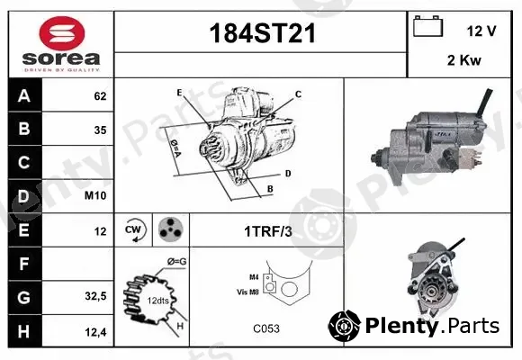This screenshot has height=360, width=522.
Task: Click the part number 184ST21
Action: (262, 33)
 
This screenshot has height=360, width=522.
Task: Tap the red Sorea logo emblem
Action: (62, 33)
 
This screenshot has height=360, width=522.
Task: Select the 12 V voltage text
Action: (481, 31)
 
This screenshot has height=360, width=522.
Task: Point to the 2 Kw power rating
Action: (464, 60)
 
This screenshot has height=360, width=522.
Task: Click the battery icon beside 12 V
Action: (428, 26)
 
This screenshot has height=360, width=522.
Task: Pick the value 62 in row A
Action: (100, 96)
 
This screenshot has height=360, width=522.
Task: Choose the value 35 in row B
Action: (100, 130)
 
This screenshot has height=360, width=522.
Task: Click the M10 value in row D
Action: (95, 195)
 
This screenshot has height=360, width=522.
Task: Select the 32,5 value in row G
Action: (95, 296)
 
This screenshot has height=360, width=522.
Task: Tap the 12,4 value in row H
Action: (95, 332)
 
